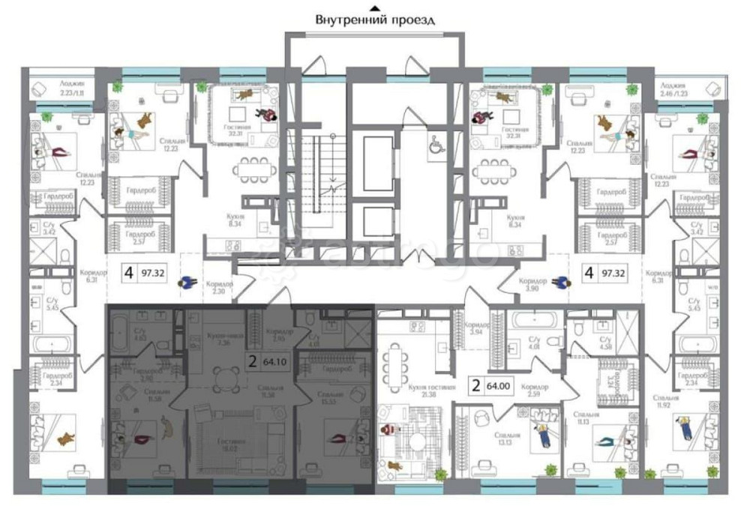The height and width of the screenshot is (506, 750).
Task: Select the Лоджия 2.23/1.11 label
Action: pos(58,90)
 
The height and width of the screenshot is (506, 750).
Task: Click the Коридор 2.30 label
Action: pos(220,288)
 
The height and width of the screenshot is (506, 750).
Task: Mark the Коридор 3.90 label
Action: pos(532,285)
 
